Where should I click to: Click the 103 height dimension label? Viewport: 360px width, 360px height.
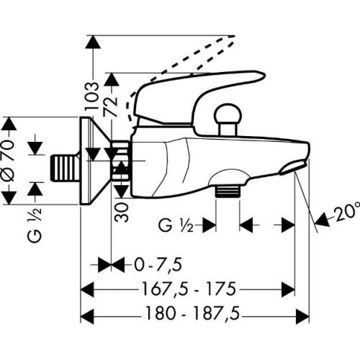click(x=92, y=96)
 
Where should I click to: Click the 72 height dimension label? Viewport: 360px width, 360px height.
click(x=111, y=107)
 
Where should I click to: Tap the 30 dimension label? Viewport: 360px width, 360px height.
click(x=122, y=212)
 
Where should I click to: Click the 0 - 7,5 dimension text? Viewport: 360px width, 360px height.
click(x=158, y=265)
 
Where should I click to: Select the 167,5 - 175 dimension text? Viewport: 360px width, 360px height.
click(x=189, y=289)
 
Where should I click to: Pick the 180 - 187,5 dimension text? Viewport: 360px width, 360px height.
click(x=193, y=313)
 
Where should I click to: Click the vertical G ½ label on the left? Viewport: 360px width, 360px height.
click(x=35, y=225)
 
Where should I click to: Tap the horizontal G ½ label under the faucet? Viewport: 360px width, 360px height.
click(x=176, y=226)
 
